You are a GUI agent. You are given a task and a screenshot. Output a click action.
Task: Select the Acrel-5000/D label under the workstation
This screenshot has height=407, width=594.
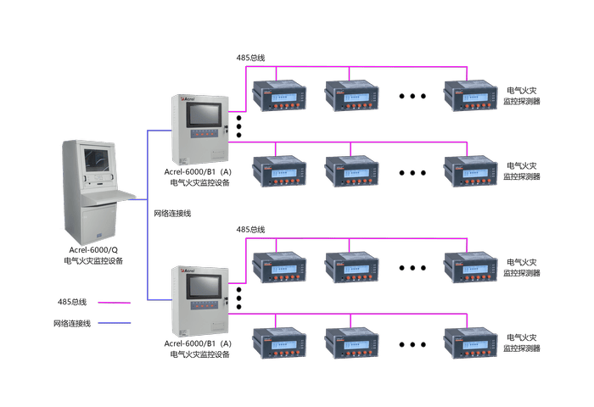93,252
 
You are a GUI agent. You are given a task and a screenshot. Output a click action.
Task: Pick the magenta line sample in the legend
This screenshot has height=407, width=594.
115,302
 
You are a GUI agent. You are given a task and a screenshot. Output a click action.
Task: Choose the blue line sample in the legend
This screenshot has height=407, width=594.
115,322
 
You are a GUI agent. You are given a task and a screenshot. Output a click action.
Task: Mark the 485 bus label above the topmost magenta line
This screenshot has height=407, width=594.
250,57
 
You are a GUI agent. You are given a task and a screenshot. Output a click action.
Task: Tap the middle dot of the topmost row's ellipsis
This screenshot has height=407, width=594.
412,96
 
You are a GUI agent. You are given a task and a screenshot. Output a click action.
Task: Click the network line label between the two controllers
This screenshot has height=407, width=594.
171,214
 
